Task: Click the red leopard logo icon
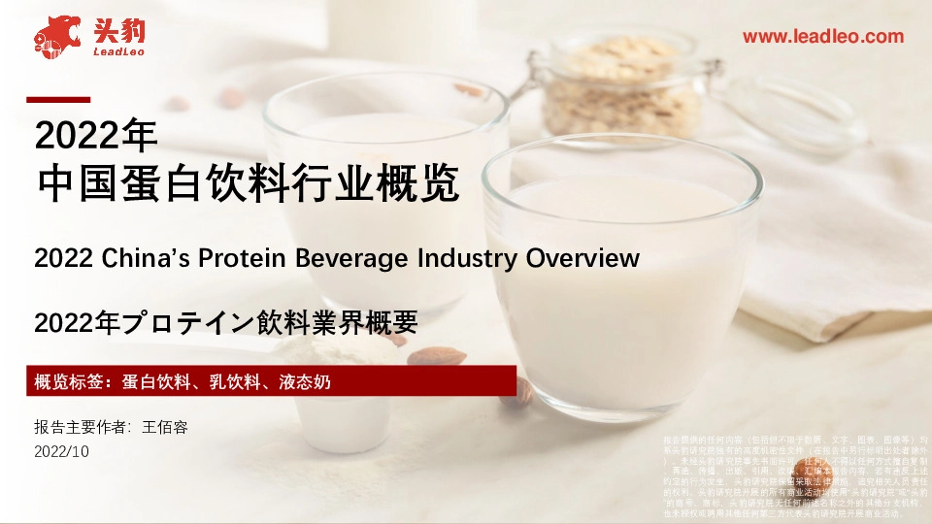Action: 55,35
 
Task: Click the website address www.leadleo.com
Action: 822,37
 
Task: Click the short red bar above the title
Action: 57,99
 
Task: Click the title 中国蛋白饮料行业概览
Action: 247,184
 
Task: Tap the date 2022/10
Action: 60,451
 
